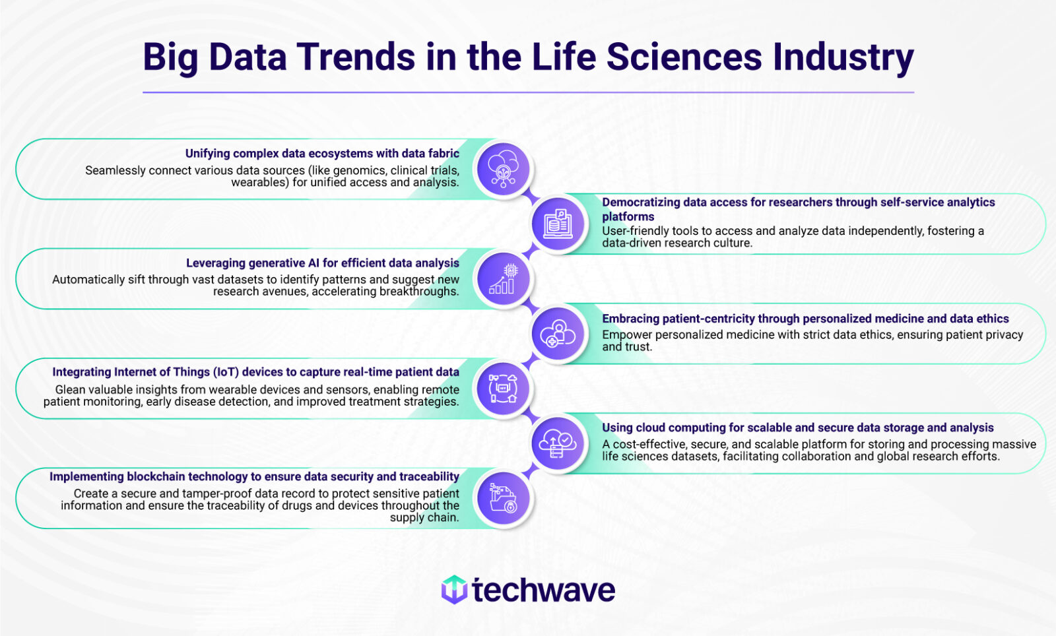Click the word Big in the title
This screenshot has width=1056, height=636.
click(170, 58)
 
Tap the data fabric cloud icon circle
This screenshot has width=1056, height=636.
click(503, 170)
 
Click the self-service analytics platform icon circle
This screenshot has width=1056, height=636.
click(558, 224)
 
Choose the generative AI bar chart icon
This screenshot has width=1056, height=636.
click(503, 279)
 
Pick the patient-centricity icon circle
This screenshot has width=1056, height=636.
click(558, 334)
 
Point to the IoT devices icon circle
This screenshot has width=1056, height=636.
click(503, 389)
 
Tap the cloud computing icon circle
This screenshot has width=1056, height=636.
click(558, 443)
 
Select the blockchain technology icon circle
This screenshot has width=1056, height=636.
click(503, 499)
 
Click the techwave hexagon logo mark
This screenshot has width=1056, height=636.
click(454, 589)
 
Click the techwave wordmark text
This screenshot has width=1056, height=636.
click(543, 590)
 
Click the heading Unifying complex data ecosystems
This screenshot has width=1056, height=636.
click(322, 154)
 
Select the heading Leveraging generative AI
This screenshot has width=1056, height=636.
click(322, 263)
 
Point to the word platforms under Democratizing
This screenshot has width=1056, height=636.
click(628, 216)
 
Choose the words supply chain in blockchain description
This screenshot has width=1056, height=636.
click(424, 518)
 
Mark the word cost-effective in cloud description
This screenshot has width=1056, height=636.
click(649, 445)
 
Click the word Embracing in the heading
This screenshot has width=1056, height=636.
click(630, 319)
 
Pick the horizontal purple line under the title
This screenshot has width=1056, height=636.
click(528, 92)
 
